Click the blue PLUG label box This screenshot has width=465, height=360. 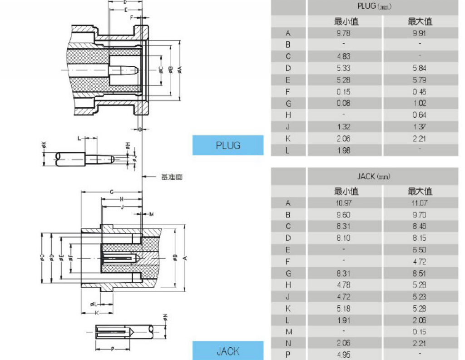(228, 145)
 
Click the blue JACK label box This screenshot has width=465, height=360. (228, 351)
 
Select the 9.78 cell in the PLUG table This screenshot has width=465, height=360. (344, 33)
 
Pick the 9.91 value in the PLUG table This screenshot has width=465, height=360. (420, 33)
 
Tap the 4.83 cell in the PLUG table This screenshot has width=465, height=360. (344, 56)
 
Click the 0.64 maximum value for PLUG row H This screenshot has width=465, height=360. (420, 115)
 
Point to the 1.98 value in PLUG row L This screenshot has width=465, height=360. (344, 150)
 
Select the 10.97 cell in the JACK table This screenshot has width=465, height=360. (344, 203)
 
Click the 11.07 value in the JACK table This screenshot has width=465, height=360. (420, 203)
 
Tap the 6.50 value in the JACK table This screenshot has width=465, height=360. (420, 250)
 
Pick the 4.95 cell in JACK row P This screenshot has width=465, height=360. (344, 355)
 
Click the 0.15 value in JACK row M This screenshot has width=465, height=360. (420, 332)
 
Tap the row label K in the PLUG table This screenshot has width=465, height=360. (288, 139)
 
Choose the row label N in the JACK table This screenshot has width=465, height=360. (288, 343)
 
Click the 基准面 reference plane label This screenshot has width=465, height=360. (172, 177)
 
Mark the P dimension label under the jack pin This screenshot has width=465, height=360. (112, 349)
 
